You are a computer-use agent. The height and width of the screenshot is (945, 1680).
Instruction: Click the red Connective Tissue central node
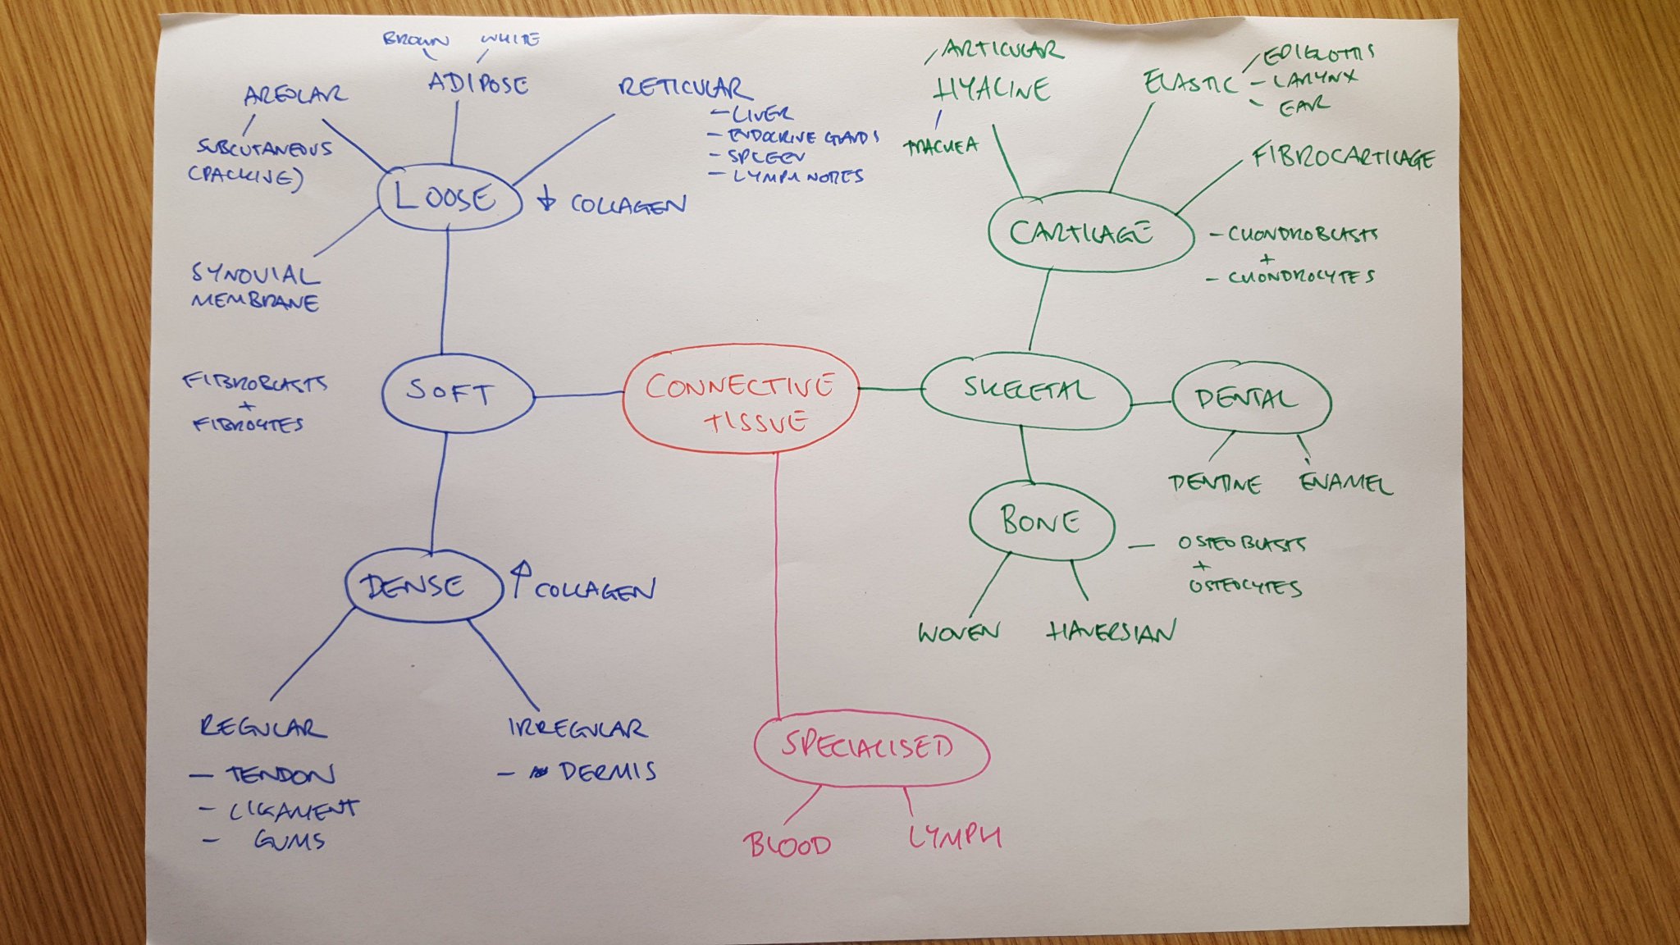point(741,400)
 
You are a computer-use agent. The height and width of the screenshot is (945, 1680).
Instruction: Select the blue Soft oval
point(457,395)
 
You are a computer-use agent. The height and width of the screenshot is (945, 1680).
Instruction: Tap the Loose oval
point(449,198)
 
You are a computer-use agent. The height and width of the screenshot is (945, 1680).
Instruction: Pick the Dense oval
point(423,586)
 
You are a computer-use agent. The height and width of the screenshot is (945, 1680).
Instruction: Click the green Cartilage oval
point(1089,232)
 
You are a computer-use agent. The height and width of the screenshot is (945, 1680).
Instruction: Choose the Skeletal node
point(1025,390)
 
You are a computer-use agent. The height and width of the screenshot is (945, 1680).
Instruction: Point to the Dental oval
point(1250,399)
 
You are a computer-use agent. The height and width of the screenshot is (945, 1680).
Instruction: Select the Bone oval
point(1041,521)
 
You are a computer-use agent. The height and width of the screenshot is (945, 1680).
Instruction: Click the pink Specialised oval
point(870,746)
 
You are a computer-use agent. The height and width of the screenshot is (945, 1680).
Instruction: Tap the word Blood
point(787,844)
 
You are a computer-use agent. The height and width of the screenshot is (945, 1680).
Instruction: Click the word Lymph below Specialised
point(955,837)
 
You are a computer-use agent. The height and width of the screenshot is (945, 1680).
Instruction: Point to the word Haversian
point(1112,631)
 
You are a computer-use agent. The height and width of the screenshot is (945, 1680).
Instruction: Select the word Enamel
point(1345,482)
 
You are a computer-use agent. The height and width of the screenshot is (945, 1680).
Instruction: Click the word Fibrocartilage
point(1343,157)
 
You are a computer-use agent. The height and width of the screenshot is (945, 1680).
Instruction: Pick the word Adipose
point(478,83)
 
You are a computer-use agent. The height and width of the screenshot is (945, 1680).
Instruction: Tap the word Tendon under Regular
point(281,775)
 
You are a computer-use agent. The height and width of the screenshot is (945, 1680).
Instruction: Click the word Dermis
point(608,772)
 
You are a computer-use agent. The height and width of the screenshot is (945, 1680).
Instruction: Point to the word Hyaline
point(993,89)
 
